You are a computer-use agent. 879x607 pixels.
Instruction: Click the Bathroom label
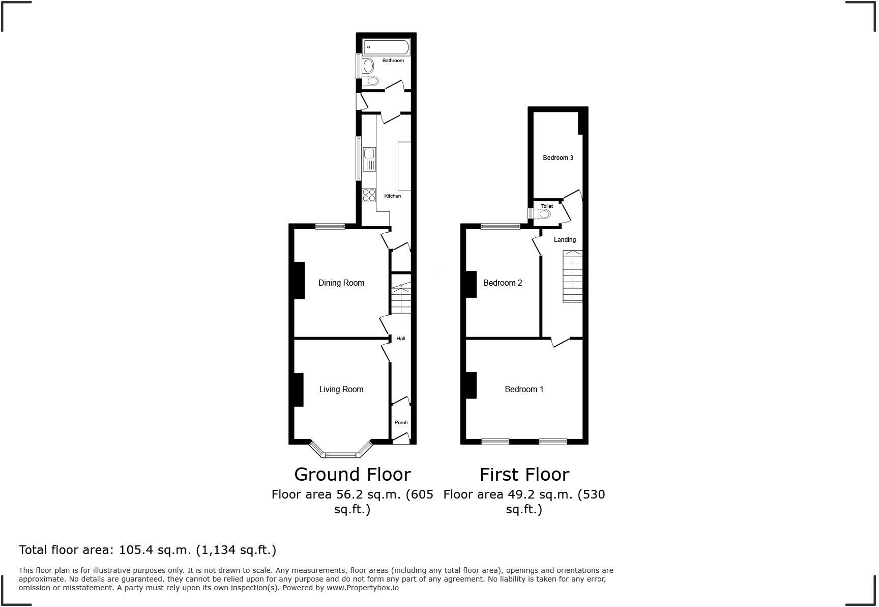tap(393, 61)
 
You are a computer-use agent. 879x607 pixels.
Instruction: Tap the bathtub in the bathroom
tap(386, 47)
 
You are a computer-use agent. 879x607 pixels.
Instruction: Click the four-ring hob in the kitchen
tap(369, 195)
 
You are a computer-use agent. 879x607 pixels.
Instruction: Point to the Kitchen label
tap(393, 196)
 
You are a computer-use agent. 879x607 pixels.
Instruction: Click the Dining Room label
tap(341, 283)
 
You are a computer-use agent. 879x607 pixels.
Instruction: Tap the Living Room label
tap(341, 390)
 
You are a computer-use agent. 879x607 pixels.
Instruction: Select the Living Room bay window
tap(341, 450)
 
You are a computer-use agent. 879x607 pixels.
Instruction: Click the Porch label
tap(401, 423)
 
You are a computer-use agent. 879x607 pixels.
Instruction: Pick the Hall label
tap(401, 339)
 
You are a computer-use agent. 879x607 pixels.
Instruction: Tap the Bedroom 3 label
tap(558, 158)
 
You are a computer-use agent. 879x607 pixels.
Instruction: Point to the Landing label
tap(565, 240)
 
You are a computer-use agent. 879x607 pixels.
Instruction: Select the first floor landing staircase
tap(572, 277)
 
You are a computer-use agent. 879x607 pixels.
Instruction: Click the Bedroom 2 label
tap(503, 283)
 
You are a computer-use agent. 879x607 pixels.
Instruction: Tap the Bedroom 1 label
tap(524, 390)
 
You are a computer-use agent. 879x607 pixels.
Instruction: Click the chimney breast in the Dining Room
tap(299, 280)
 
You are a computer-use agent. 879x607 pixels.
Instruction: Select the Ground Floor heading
tap(353, 475)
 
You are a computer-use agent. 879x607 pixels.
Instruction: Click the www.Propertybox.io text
tap(362, 588)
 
